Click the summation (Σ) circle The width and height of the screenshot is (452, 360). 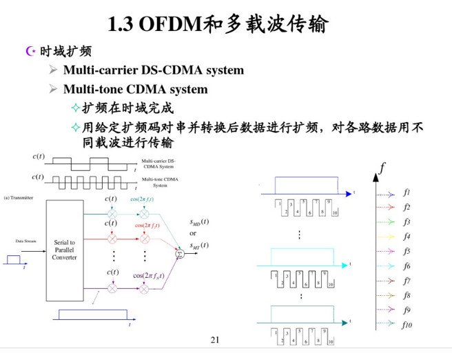click(x=180, y=253)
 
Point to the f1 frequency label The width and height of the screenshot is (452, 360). click(x=407, y=192)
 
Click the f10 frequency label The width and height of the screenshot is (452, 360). click(x=407, y=324)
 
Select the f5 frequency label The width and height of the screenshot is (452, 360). click(x=407, y=251)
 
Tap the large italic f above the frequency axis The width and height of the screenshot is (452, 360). click(x=382, y=166)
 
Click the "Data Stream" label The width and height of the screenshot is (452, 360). click(x=27, y=242)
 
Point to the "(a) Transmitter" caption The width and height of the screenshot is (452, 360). click(x=19, y=197)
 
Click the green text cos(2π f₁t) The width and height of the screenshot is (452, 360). click(x=142, y=199)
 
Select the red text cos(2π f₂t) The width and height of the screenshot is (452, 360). click(x=147, y=226)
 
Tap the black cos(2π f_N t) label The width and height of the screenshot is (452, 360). click(x=147, y=274)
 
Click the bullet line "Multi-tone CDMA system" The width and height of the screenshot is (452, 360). click(x=135, y=89)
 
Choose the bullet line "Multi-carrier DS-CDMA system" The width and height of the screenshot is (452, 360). click(x=153, y=70)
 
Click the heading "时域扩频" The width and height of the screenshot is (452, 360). click(x=64, y=51)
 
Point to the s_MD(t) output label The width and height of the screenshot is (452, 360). click(x=199, y=221)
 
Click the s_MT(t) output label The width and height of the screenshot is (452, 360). click(x=199, y=245)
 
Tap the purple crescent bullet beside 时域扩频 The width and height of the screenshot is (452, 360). click(x=29, y=51)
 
